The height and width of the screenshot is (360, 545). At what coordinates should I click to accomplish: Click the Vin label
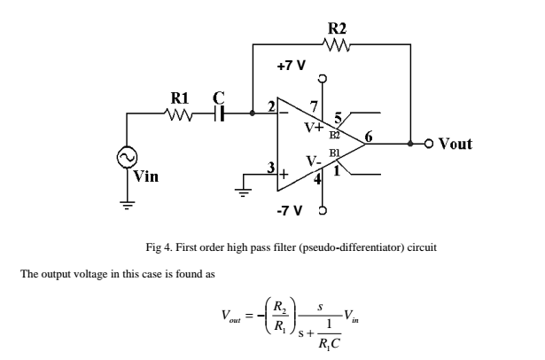[x=146, y=176]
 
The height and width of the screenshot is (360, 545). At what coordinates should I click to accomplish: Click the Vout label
[x=455, y=143]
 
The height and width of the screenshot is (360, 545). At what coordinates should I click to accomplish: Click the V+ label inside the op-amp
[x=315, y=126]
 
